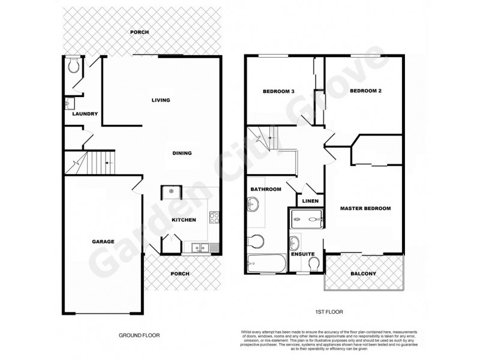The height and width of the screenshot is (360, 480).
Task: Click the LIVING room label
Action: coord(161,100)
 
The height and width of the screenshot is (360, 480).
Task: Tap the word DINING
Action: coord(182,153)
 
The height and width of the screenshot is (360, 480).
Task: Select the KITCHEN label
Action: coord(184,220)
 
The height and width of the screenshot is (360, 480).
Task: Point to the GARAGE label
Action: coord(104,242)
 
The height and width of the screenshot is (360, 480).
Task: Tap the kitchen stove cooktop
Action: coord(214,218)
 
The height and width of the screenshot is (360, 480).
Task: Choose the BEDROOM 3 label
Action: coord(279,92)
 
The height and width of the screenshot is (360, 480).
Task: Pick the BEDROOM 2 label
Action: coord(366,91)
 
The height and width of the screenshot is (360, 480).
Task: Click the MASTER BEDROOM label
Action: coord(365,209)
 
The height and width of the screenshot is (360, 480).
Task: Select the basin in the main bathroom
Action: coord(251,206)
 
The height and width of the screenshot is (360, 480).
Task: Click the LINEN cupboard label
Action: coord(310,201)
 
